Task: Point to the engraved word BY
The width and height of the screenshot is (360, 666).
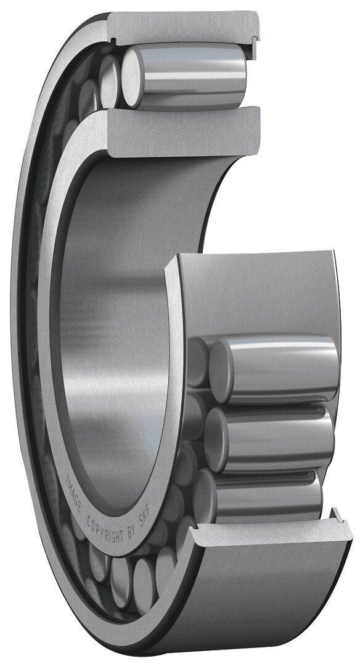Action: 133,535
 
